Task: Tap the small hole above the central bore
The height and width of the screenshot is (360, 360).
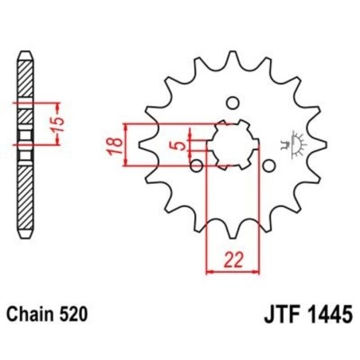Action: click(233, 102)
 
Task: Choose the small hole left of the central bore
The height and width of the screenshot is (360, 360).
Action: click(195, 166)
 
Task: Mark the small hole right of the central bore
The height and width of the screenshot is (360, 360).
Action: click(269, 166)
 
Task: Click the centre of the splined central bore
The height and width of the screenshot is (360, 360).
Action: click(232, 146)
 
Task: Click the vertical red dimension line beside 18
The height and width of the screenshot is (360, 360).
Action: click(126, 146)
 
